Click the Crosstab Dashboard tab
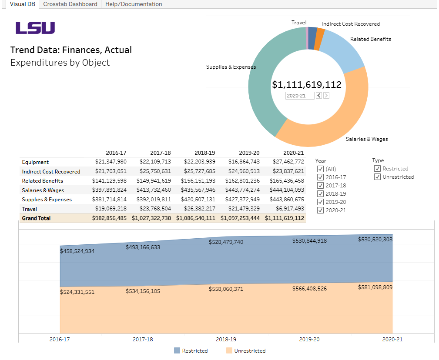(70, 4)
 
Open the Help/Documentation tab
(134, 4)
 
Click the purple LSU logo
(35, 28)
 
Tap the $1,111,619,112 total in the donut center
(307, 85)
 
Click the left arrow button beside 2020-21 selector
(319, 96)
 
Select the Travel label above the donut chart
(299, 23)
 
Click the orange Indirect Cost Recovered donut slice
(320, 33)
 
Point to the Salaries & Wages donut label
(367, 139)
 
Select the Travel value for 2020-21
(288, 209)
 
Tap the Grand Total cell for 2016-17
(109, 218)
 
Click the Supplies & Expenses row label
(47, 200)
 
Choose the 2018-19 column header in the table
(205, 153)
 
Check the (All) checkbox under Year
(321, 169)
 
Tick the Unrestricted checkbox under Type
(378, 177)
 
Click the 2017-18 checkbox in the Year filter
(321, 186)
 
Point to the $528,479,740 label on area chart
(226, 242)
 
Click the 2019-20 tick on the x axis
(309, 339)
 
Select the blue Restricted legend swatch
(177, 350)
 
